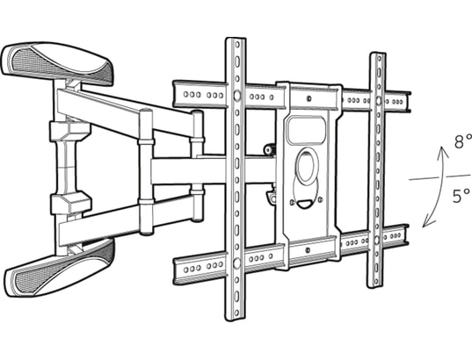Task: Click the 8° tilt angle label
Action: click(x=463, y=141)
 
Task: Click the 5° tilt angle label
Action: click(x=461, y=196)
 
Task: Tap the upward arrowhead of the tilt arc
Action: click(x=443, y=151)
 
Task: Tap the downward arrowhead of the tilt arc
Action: click(x=428, y=222)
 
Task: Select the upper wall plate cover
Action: click(x=57, y=63)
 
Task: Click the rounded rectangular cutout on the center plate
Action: click(x=306, y=131)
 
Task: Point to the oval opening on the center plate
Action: click(x=307, y=166)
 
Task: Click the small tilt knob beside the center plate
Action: click(x=268, y=149)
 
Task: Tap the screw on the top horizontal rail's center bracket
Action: click(x=309, y=98)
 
